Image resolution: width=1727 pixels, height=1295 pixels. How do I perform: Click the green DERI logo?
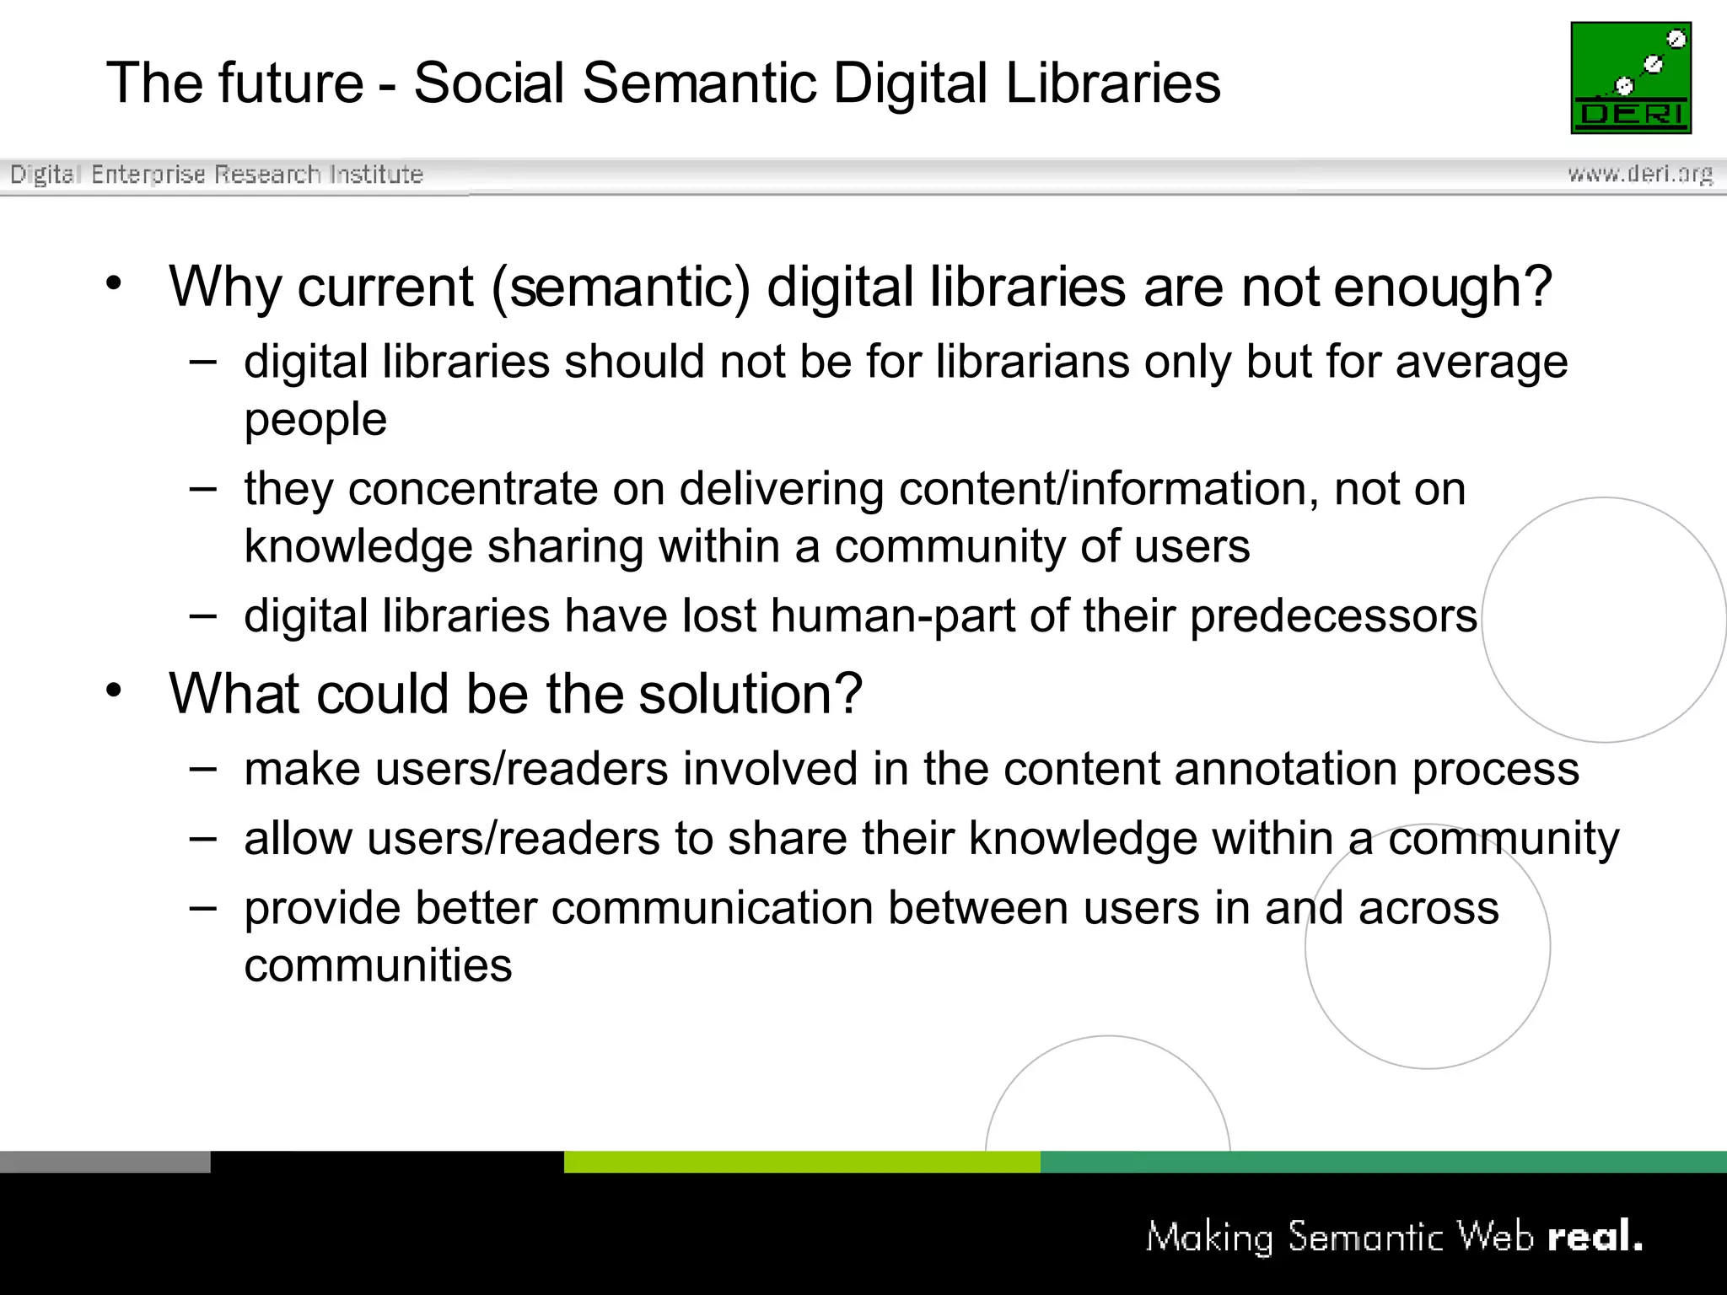1631,78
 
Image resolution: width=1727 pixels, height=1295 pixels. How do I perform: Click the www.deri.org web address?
1639,174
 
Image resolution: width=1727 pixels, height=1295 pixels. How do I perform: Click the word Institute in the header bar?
376,174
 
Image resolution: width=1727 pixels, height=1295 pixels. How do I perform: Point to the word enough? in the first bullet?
1443,287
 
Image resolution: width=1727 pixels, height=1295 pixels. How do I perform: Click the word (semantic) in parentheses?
621,287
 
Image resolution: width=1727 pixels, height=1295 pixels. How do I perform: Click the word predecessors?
1333,615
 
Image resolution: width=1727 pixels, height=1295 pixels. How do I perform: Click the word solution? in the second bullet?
751,694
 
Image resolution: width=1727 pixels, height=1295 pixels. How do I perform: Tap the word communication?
713,908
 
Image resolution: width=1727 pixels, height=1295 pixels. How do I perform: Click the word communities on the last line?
378,965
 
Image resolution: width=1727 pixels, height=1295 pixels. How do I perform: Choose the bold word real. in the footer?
1595,1237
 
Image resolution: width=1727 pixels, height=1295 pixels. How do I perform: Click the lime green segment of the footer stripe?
801,1162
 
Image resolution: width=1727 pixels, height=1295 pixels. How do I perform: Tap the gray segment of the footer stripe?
105,1162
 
